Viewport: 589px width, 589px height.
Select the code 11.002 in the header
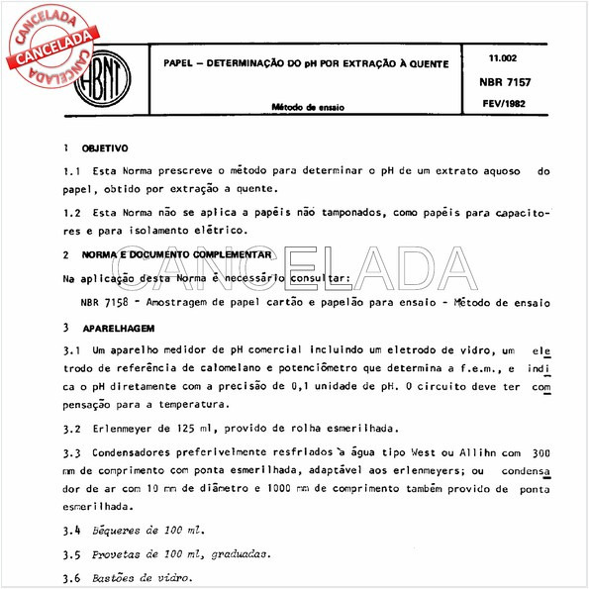pos(502,59)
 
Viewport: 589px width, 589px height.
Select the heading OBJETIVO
pos(105,147)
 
